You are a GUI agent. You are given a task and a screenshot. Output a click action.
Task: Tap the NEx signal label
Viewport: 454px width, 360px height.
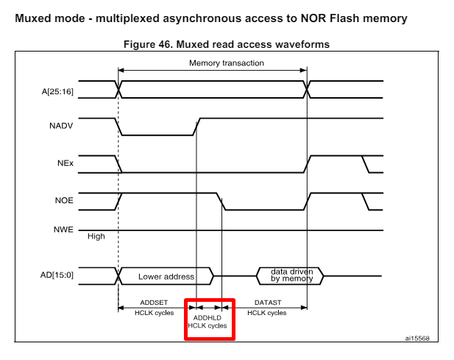point(65,163)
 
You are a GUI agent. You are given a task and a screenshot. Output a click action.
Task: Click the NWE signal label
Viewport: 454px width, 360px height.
point(63,230)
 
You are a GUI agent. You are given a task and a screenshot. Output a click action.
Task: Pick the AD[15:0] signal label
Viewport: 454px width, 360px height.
point(57,276)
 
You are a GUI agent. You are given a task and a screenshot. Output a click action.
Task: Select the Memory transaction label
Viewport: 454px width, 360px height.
point(226,63)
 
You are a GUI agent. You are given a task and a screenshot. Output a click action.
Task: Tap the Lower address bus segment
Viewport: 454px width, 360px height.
point(166,277)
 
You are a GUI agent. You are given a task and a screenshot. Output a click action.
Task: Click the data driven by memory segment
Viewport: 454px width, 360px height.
point(291,276)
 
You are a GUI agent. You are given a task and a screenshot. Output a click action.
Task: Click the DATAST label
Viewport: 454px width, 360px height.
point(266,303)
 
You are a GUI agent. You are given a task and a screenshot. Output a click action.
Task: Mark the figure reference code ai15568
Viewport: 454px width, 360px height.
point(417,339)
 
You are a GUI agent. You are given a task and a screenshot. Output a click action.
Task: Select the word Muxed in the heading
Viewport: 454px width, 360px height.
point(34,18)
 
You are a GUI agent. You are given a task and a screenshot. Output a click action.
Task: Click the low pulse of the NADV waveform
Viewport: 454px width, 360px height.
point(157,135)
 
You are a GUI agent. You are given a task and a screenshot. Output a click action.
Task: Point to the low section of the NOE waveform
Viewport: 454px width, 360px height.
point(265,209)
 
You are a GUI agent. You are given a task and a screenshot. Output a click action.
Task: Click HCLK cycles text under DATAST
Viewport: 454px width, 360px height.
point(266,313)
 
